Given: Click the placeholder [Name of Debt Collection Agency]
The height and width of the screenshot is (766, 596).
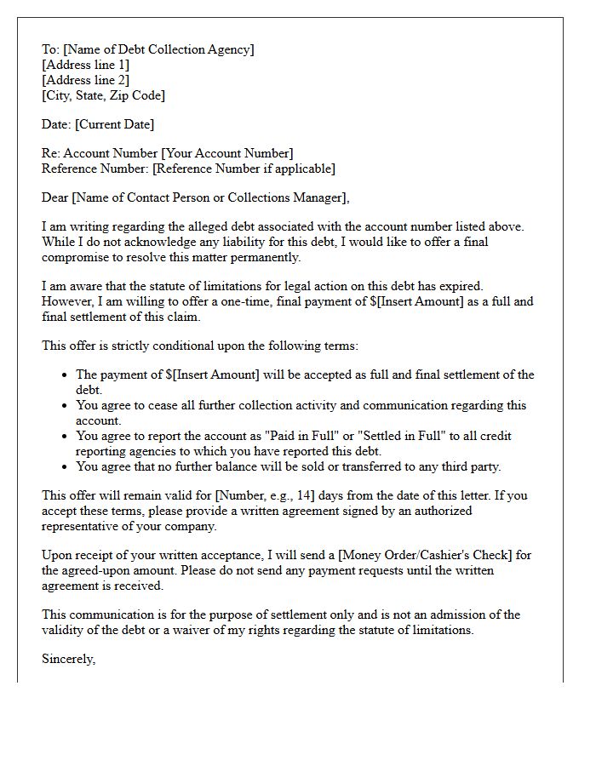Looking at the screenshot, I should point(158,49).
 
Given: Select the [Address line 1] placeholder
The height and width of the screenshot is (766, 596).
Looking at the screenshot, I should point(86,65).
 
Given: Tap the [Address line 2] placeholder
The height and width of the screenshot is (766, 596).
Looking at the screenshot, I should point(86,80).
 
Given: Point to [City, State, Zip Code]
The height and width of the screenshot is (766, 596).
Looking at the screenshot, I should point(103,95).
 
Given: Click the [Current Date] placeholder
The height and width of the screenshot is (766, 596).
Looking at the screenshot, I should point(115,124).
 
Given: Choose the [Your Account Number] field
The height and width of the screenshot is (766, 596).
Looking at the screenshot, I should point(227,153).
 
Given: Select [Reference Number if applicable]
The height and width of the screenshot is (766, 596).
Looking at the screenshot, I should point(244,169).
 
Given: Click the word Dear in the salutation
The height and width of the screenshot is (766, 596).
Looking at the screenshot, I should point(55,197).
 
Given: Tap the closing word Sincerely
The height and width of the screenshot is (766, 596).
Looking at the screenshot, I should point(68,659).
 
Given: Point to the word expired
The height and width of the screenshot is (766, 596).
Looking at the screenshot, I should point(461,286).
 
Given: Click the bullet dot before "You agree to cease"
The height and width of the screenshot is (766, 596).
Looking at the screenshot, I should point(66,405).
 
